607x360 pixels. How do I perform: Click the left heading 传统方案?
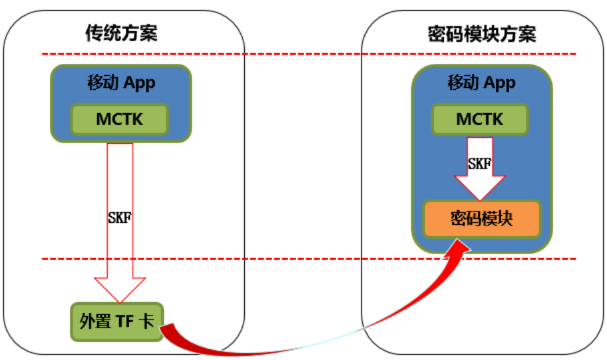[x=122, y=33]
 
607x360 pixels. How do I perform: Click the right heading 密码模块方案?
[x=482, y=33]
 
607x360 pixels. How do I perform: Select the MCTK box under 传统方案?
[x=120, y=120]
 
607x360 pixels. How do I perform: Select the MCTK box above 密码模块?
[x=481, y=120]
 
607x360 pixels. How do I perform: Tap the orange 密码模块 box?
[x=482, y=219]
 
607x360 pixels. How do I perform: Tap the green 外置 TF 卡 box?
[x=117, y=321]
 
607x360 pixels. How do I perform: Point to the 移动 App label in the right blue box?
[x=481, y=83]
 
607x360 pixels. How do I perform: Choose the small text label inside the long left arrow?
[x=120, y=217]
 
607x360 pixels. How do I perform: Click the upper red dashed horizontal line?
[x=306, y=54]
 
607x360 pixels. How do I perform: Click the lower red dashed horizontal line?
[x=306, y=259]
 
